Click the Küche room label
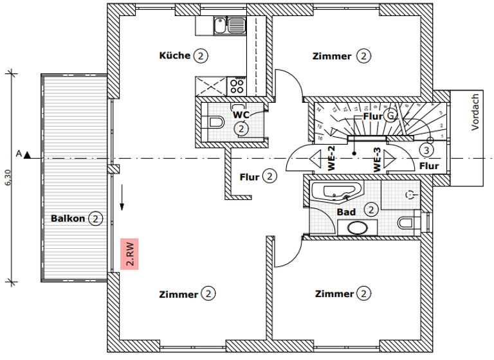[x=175, y=56]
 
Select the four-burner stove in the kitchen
[x=237, y=84]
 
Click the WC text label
[x=241, y=115]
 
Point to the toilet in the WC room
[x=215, y=122]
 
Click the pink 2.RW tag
[x=131, y=253]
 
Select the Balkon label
[x=68, y=219]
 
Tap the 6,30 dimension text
[x=8, y=178]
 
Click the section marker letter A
[x=19, y=153]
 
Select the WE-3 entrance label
[x=378, y=159]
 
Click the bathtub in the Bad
[x=336, y=192]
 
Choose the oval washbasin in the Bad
[x=354, y=227]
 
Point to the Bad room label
[x=346, y=212]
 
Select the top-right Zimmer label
[x=332, y=57]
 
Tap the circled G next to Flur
[x=390, y=116]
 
